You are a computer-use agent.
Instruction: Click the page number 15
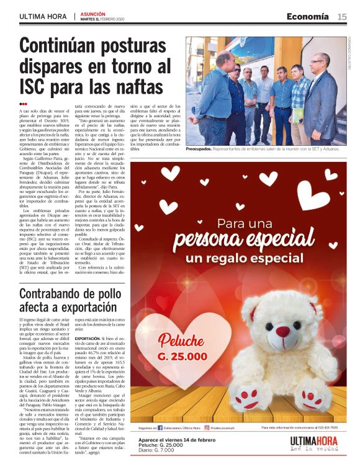[342, 17]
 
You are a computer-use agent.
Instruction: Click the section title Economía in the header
[308, 17]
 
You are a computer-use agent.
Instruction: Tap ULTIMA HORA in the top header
[43, 17]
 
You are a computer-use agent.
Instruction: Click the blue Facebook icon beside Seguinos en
[160, 427]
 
